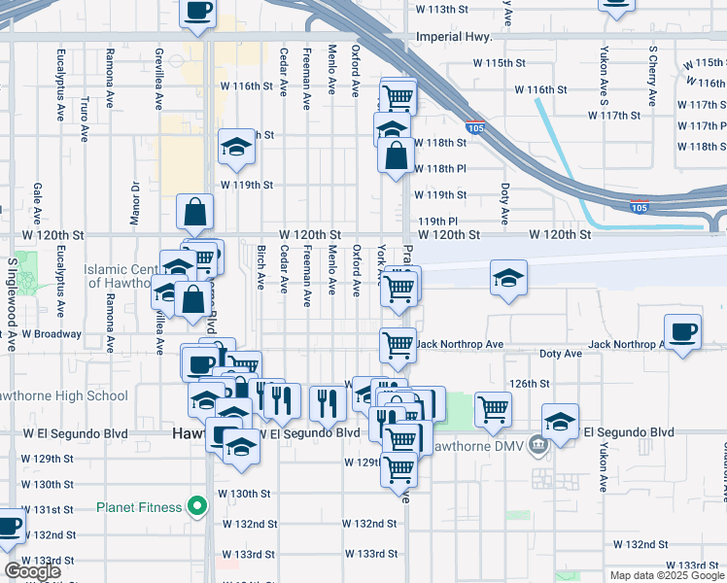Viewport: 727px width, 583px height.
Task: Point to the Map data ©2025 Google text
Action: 667,575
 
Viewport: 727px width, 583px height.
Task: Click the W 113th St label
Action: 448,9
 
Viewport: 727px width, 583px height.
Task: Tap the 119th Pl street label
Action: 437,222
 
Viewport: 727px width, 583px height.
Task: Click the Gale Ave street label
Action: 37,202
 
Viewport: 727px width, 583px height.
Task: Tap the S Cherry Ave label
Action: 652,68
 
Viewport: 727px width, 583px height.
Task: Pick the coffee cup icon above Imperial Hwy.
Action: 198,12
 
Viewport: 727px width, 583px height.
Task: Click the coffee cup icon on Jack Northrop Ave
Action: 681,331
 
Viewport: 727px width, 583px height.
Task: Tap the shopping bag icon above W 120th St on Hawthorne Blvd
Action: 195,211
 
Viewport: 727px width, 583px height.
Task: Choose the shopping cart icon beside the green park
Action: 494,408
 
